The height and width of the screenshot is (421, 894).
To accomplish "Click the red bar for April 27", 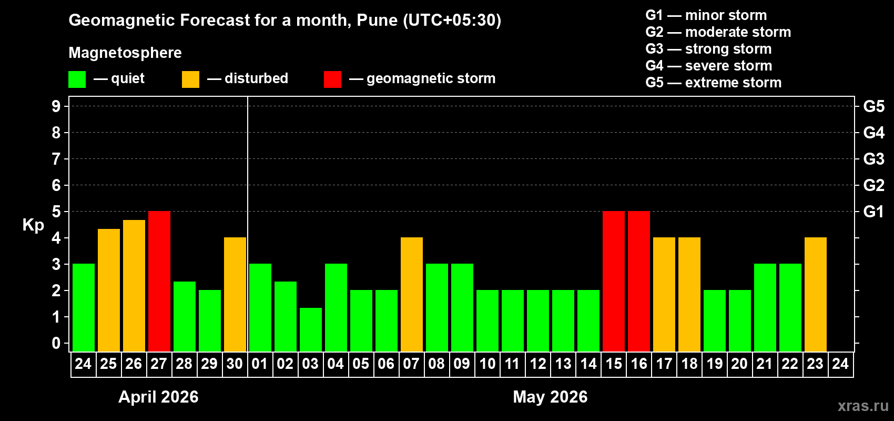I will [x=159, y=281].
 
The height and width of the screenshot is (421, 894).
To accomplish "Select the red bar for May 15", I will [x=614, y=281].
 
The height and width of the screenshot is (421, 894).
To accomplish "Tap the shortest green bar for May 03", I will [x=311, y=329].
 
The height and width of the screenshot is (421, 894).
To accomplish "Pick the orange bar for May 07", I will [x=412, y=294].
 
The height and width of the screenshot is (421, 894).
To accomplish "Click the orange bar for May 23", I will [x=816, y=294].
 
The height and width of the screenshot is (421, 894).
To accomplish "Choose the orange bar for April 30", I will [x=235, y=294].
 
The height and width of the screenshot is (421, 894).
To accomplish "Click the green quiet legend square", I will [x=77, y=79].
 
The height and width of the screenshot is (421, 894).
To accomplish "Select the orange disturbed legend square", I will [x=190, y=79].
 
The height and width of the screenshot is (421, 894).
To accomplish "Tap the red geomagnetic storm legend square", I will [x=332, y=79].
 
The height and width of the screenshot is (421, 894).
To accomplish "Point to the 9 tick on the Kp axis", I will [x=56, y=106].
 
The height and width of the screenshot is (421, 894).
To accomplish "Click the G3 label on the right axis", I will [x=873, y=159].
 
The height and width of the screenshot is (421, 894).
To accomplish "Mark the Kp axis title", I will [x=33, y=225].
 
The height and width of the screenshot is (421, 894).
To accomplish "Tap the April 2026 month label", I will [x=158, y=397].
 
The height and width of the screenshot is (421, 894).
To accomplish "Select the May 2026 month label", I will [x=550, y=397].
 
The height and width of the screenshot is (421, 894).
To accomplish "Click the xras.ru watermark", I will [x=863, y=406].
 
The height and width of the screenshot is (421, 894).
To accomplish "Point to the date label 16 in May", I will [x=639, y=364].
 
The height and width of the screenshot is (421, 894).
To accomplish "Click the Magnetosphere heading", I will [x=125, y=53].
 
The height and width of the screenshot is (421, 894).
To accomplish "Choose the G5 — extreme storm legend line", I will [x=713, y=83].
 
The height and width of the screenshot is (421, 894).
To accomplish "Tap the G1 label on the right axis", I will [x=873, y=212].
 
